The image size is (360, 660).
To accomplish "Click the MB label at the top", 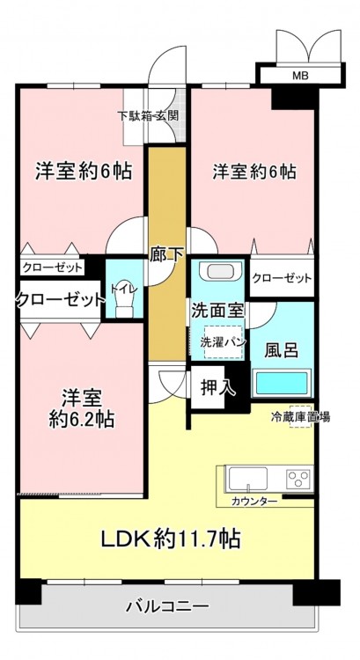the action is [x=301, y=77].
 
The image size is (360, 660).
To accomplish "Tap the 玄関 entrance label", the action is [x=167, y=116].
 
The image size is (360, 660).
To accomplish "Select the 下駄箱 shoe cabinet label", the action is [x=135, y=116].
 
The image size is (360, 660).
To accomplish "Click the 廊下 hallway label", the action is [x=166, y=254].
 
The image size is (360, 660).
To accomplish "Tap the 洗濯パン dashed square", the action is [x=224, y=341].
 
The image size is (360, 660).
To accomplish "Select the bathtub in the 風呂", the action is [x=282, y=383].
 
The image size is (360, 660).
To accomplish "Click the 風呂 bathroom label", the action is [x=282, y=349].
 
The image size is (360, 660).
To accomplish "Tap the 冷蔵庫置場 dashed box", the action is [x=300, y=417].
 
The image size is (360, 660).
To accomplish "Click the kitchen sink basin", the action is [x=248, y=479].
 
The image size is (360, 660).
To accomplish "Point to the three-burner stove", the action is [x=298, y=479].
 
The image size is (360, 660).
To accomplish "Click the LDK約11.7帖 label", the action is [x=170, y=539].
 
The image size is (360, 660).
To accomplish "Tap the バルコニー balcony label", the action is [x=167, y=606].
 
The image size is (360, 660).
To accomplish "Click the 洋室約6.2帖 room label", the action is [x=82, y=407].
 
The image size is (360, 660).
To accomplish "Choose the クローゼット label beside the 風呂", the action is [x=282, y=278].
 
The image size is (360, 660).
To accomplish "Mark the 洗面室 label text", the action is [x=217, y=311].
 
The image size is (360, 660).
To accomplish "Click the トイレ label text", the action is [x=124, y=289].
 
